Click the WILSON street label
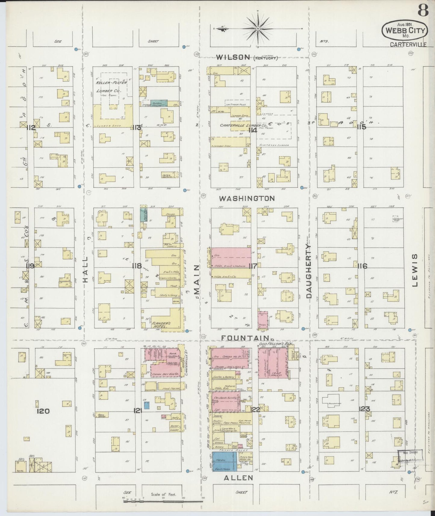[x=233, y=57]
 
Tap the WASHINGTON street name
[x=247, y=198]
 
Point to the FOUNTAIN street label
[x=244, y=338]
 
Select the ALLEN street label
[x=238, y=478]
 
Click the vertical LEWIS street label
[x=415, y=270]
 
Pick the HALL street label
[x=85, y=269]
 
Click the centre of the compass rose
[x=258, y=28]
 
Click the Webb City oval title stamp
[x=405, y=30]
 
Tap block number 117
[x=253, y=266]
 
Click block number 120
[x=43, y=411]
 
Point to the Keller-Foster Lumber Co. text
[x=112, y=86]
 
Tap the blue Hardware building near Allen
[x=224, y=461]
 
